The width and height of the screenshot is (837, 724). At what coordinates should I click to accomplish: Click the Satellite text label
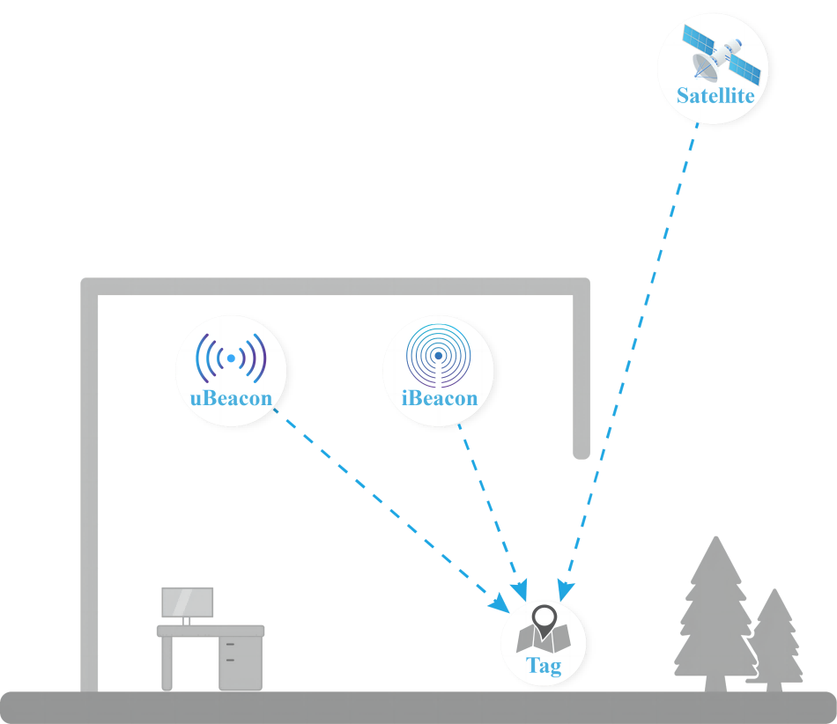tap(715, 96)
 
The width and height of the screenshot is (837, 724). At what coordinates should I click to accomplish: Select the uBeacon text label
tap(231, 397)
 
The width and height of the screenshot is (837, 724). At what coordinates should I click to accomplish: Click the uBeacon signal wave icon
tap(231, 358)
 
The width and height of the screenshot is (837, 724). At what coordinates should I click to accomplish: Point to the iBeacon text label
tap(439, 397)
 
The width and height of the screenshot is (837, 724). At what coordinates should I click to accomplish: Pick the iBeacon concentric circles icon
tap(438, 355)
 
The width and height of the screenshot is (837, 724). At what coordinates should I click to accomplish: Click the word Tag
tap(544, 667)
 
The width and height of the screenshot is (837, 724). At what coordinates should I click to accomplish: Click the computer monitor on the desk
tap(187, 602)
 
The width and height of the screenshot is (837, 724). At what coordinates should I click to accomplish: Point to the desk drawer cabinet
tap(240, 661)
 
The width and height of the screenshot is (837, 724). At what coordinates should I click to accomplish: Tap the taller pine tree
tap(715, 608)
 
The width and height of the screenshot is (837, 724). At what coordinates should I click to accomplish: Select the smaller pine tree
tap(774, 639)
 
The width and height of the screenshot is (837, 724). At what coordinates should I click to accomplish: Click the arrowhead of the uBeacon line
tap(502, 604)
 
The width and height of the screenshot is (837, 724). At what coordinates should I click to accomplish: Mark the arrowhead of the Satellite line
tap(565, 593)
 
